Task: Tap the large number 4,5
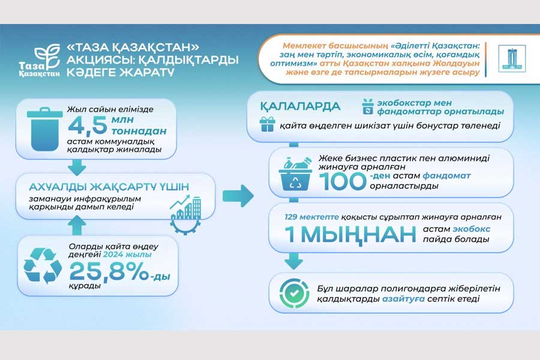(x=88, y=125)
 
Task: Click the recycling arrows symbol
(x=43, y=266)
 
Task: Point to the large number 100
(x=343, y=181)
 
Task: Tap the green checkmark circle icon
(x=294, y=293)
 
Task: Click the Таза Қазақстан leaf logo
(x=40, y=61)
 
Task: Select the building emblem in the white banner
(x=512, y=59)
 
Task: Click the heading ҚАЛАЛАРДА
(x=300, y=106)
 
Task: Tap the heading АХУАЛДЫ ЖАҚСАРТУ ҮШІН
(x=109, y=187)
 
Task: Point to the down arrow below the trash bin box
(x=77, y=167)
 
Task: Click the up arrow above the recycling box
(x=77, y=226)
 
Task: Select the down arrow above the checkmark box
(x=294, y=261)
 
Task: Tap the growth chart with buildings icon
(x=185, y=215)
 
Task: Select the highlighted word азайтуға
(x=403, y=299)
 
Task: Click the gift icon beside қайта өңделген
(x=267, y=124)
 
